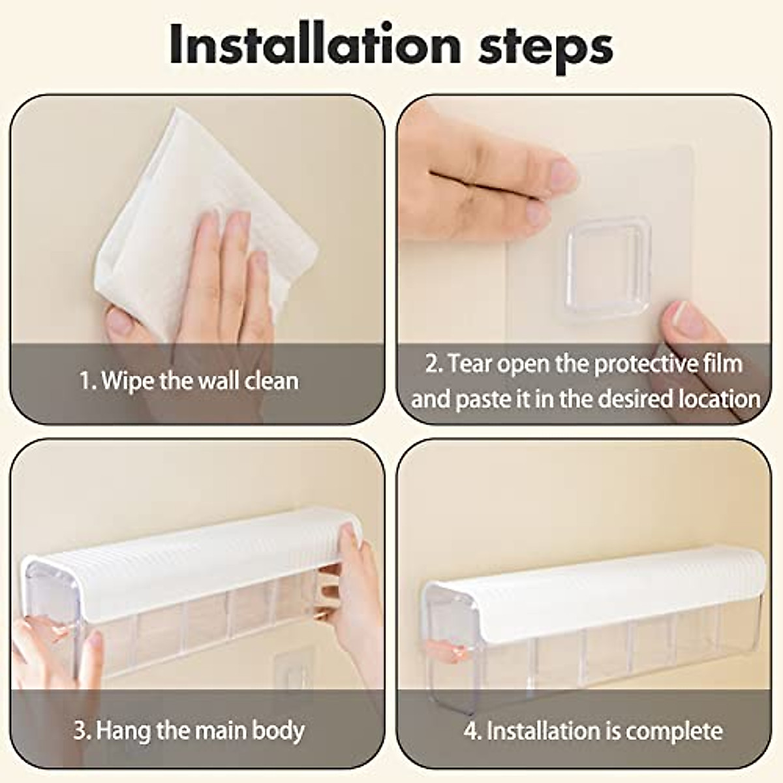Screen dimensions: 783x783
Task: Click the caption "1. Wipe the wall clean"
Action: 189,380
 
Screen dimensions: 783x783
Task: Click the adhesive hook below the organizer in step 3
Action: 292,672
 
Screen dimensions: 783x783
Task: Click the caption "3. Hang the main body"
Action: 189,729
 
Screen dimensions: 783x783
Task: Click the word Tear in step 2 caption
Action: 469,363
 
